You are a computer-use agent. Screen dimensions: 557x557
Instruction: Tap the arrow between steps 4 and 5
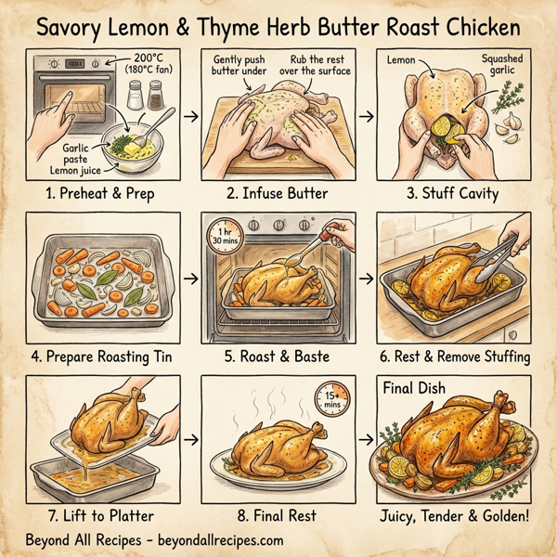tap(188, 277)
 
